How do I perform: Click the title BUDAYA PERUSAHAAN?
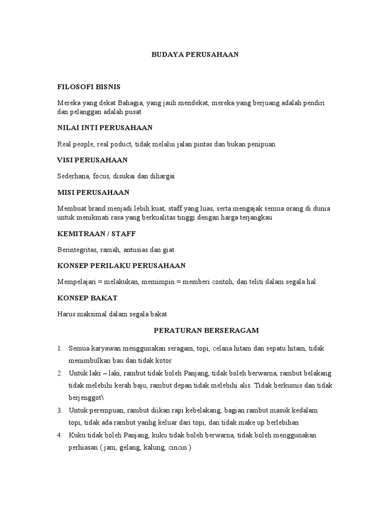195,55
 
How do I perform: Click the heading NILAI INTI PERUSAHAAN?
105,128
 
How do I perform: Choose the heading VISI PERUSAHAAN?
93,160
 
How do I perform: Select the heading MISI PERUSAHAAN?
93,192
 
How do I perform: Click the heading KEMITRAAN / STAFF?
97,233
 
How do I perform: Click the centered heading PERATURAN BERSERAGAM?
206,329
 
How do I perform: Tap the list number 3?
59,410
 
